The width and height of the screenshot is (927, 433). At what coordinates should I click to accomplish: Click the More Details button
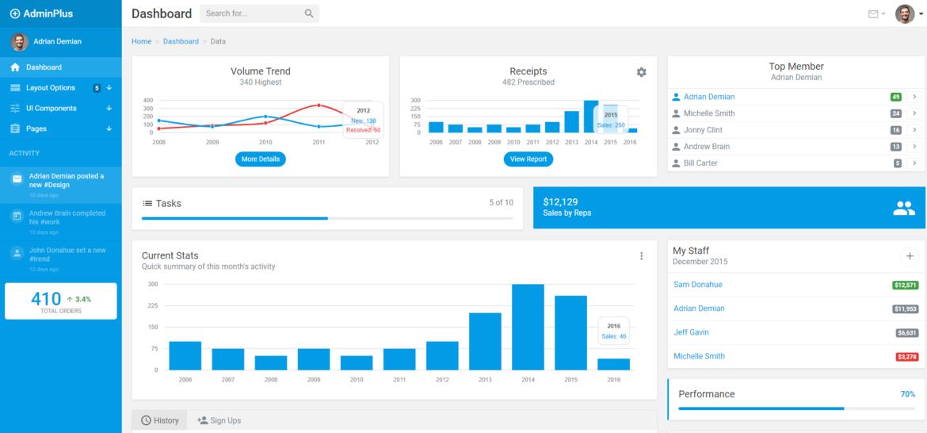point(260,159)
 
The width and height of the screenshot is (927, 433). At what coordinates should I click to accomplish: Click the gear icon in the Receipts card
point(641,72)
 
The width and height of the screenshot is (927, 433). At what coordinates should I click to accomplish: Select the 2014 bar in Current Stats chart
point(528,327)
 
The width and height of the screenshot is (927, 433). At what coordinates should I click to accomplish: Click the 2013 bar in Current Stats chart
point(485,341)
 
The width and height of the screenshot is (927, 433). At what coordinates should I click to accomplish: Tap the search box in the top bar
point(252,13)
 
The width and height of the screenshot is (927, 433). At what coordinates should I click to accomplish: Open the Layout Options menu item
point(51,88)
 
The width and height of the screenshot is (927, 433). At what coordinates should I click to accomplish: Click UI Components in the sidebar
point(51,109)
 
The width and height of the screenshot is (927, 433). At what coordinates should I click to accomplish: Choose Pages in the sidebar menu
point(36,128)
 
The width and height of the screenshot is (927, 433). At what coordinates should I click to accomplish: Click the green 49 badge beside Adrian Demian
point(895,97)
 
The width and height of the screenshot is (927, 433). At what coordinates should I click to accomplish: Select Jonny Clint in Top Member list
point(703,130)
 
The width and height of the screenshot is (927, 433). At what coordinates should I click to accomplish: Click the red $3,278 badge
point(906,357)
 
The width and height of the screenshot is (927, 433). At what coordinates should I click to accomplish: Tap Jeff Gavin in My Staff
point(691,332)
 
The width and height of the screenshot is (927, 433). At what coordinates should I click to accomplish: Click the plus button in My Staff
point(909,256)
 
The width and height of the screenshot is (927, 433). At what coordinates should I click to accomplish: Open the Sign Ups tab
point(219,420)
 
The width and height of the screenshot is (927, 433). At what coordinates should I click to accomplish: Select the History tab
point(160,420)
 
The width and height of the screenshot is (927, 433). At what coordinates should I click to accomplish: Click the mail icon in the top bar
point(873,14)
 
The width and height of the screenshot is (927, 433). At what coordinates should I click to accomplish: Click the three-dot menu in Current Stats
point(641,256)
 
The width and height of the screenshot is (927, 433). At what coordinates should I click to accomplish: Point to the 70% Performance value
point(907,394)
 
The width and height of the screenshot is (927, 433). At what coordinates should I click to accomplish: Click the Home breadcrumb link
point(141,41)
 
